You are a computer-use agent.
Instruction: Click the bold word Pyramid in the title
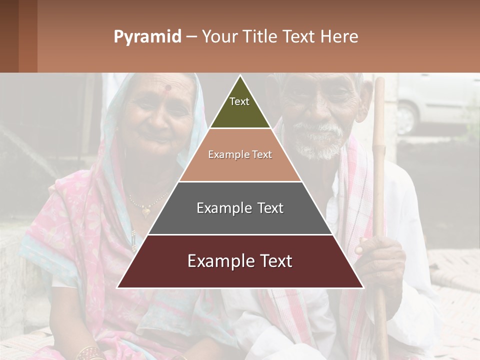tap(147, 37)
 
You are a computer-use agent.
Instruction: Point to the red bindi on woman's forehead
tap(168, 88)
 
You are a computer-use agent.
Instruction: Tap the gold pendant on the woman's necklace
tap(145, 211)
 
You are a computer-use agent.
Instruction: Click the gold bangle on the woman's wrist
tap(90, 352)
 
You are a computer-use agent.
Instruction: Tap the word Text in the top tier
tap(239, 101)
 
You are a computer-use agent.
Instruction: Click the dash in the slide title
tap(191, 37)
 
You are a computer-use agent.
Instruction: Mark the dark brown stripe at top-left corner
tap(9, 36)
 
